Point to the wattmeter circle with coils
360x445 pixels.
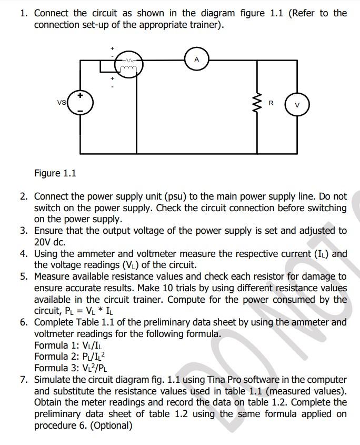coord(127,64)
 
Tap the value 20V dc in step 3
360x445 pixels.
coord(52,242)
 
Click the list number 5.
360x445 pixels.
coord(24,276)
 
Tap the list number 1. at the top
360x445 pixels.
coord(24,13)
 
